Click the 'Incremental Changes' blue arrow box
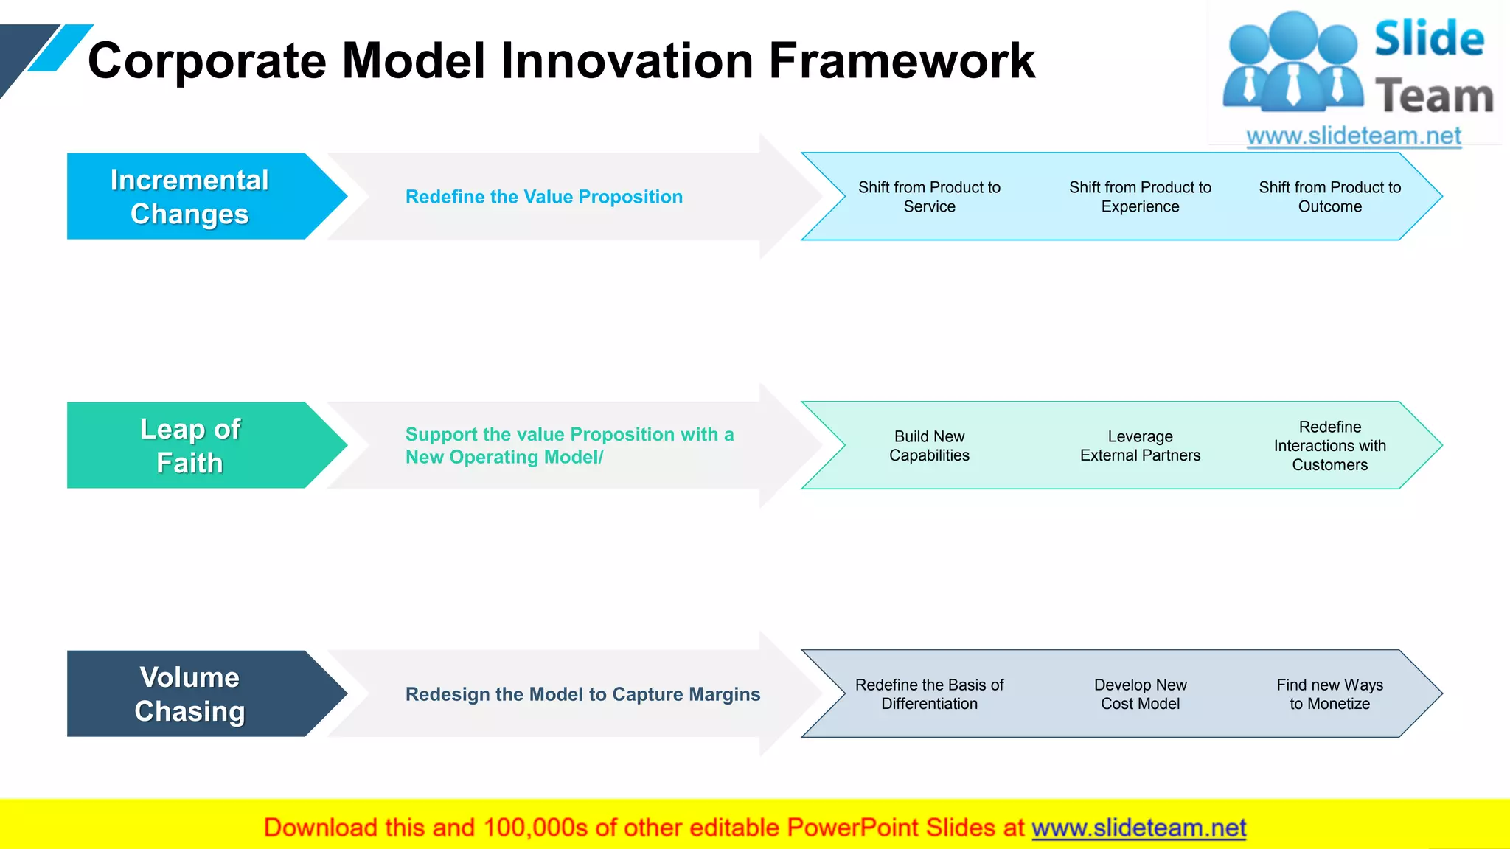(189, 197)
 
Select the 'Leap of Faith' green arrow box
(189, 445)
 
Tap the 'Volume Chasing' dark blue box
(189, 693)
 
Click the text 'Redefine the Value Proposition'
(544, 197)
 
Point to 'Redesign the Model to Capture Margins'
(582, 694)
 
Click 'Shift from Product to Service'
(929, 197)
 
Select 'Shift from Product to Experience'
(1140, 197)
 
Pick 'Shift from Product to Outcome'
(1329, 197)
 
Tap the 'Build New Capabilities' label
(929, 446)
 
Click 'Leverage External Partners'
(1140, 446)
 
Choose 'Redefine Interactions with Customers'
(1329, 446)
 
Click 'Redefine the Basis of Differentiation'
(929, 694)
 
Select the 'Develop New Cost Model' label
(1140, 694)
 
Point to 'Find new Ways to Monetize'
(1329, 694)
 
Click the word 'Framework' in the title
(902, 60)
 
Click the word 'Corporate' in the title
(206, 60)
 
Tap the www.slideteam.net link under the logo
(1354, 136)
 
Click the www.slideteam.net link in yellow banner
(1138, 828)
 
